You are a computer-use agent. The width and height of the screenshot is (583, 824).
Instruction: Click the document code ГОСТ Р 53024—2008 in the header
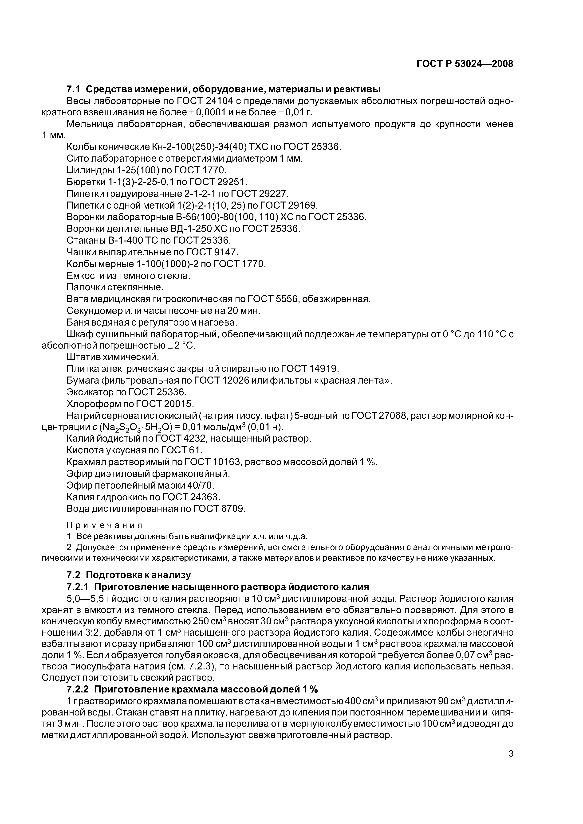tap(465, 64)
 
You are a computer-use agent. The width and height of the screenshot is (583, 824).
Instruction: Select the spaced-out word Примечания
tap(105, 525)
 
